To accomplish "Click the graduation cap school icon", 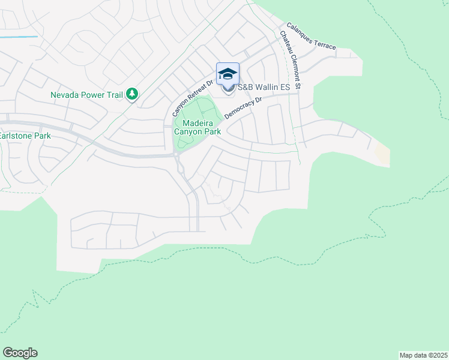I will coord(228,74).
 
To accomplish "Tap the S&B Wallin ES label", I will coord(264,88).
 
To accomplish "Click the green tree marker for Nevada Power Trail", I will coord(132,94).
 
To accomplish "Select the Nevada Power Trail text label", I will coord(86,95).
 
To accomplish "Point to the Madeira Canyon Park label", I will coord(197,127).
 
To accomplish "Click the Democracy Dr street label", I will coord(244,108).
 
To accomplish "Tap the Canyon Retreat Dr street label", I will coord(193,98).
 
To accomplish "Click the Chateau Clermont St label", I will coord(290,61).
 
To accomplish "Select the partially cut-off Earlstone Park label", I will coord(25,136).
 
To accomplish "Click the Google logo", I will coord(20,353).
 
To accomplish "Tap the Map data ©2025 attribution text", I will coord(423,355).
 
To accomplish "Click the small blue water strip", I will coord(19,37).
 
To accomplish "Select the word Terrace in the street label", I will coord(325,42).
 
